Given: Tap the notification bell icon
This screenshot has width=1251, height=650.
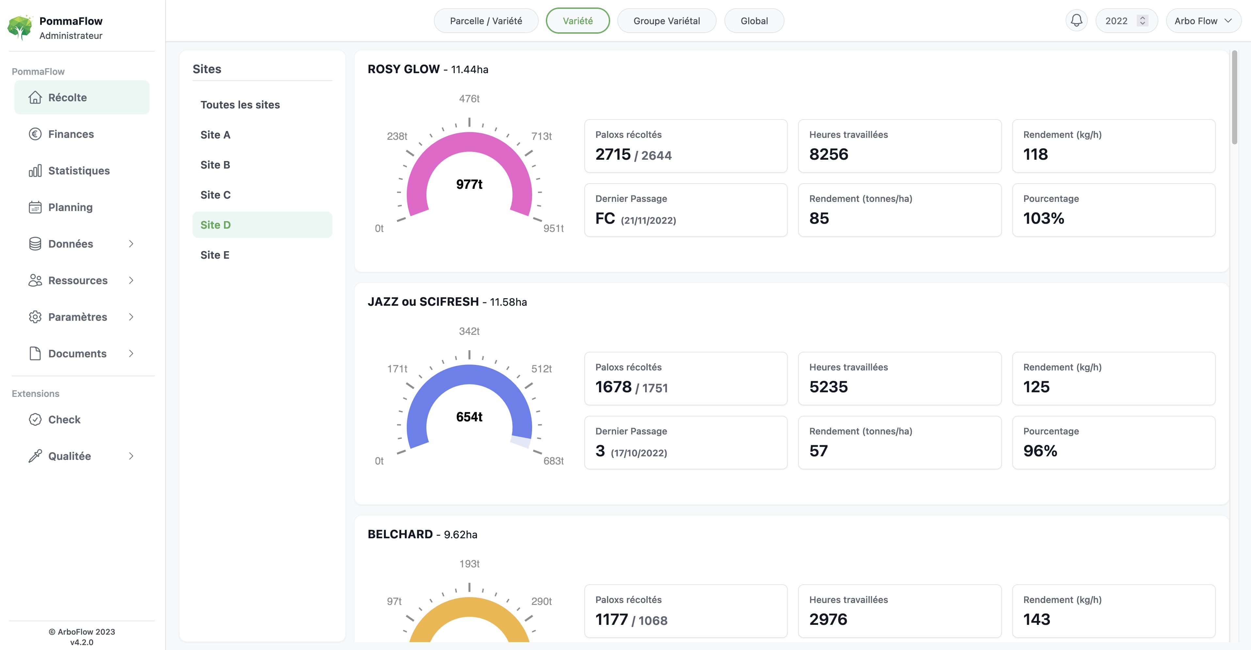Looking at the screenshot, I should pyautogui.click(x=1076, y=20).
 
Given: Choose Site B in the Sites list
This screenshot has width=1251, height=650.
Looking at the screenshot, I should pyautogui.click(x=215, y=165).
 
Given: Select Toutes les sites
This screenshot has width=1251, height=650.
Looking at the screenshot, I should pyautogui.click(x=240, y=105).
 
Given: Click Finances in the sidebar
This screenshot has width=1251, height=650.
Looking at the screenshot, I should pyautogui.click(x=71, y=134).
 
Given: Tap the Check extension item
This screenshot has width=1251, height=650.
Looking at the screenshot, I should pyautogui.click(x=64, y=420).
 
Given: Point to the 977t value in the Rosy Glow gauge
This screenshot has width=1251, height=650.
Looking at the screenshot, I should pyautogui.click(x=469, y=185).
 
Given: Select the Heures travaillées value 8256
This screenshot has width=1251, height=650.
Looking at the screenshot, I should pyautogui.click(x=829, y=154).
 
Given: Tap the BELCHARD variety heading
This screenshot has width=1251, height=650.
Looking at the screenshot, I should pyautogui.click(x=400, y=534).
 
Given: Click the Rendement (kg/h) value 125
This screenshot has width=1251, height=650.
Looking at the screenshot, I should pyautogui.click(x=1036, y=387).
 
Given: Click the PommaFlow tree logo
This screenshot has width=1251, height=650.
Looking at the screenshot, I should pyautogui.click(x=20, y=27).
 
